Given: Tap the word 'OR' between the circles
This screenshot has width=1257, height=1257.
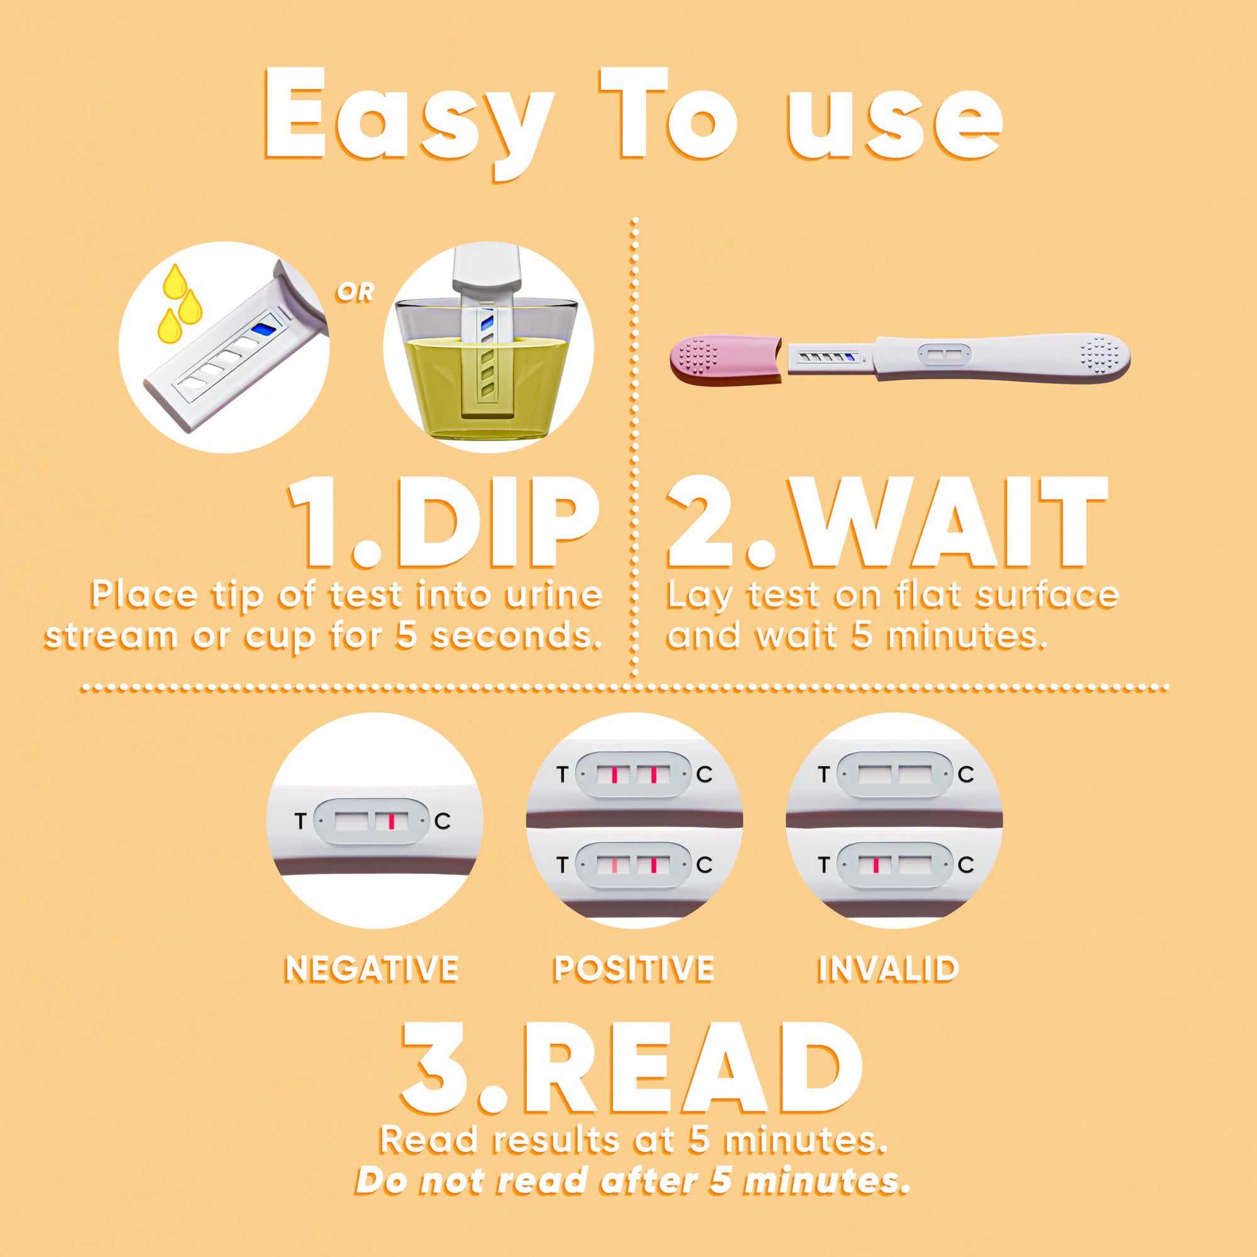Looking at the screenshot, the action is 355,294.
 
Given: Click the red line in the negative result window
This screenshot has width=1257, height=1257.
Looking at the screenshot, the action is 391,821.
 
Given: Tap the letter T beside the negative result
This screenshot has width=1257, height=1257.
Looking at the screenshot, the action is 299,821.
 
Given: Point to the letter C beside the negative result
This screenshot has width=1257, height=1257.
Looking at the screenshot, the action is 442,821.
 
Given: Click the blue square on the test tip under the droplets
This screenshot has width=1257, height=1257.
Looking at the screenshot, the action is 261,330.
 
